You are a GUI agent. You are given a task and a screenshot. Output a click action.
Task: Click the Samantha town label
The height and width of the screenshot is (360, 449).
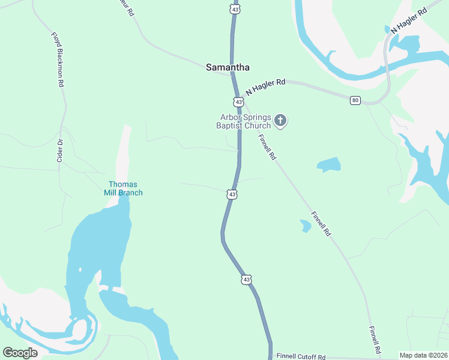click(228, 68)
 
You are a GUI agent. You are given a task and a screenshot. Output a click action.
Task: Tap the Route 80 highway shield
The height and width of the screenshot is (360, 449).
click(355, 100)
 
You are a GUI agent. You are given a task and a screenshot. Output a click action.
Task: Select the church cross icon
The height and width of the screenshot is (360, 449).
click(280, 121)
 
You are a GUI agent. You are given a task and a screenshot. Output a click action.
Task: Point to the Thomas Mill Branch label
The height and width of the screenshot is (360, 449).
click(122, 188)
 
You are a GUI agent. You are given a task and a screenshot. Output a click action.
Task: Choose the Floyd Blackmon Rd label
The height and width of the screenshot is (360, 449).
click(58, 61)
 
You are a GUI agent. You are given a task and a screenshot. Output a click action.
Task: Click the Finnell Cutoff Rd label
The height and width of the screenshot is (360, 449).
click(301, 356)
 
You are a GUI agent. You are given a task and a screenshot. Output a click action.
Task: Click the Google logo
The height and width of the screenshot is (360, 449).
click(20, 353)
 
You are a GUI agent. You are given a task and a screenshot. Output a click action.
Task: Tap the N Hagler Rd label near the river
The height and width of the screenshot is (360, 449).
click(409, 20)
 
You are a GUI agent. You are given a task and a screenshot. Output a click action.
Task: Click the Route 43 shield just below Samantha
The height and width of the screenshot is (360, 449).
click(239, 102)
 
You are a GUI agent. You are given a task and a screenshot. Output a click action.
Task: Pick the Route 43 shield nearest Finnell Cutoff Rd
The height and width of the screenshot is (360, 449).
click(246, 280)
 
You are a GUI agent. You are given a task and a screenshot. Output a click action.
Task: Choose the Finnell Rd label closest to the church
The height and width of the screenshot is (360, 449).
click(268, 147)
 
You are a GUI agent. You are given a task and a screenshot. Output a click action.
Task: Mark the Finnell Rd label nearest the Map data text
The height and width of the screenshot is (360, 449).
click(375, 340)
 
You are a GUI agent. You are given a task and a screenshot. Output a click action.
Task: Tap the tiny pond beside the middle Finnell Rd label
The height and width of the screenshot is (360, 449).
click(306, 226)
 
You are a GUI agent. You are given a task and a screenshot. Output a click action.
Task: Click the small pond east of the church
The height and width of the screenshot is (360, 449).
click(328, 164)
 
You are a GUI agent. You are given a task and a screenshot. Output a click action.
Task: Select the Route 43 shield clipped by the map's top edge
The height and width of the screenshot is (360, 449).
click(235, 8)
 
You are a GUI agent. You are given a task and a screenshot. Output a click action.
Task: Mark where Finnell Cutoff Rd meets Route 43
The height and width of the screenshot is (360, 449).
click(270, 355)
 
